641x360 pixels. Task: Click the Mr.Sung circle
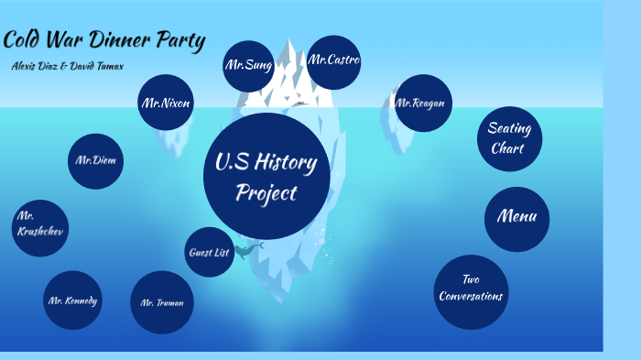(248, 66)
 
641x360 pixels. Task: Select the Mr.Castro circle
(333, 62)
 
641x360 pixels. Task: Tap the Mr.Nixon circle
(166, 104)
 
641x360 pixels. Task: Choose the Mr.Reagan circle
(423, 103)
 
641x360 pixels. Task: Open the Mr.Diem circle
(96, 161)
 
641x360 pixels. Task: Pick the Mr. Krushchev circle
(39, 228)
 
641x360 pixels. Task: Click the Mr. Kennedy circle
(72, 300)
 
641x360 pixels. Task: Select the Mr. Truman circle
(162, 301)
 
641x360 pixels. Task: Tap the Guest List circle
(209, 252)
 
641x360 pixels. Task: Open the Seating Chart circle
(509, 138)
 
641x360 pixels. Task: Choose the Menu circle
(516, 218)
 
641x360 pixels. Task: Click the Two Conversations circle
(471, 290)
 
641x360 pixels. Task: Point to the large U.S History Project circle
(266, 177)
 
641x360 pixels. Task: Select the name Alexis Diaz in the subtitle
(37, 66)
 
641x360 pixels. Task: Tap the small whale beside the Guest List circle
(247, 249)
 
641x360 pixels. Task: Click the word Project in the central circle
(266, 193)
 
